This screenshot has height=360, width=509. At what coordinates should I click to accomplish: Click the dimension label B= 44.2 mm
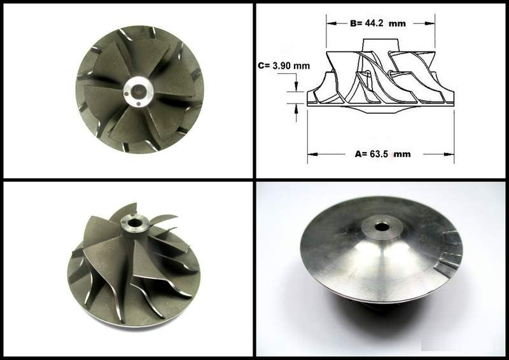(378, 24)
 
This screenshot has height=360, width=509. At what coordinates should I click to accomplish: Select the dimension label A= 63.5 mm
(382, 154)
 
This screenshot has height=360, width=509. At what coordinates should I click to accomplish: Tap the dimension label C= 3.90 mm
(284, 66)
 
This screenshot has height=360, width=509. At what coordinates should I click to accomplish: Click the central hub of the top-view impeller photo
(139, 92)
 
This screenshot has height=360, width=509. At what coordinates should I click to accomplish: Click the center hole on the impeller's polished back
(381, 227)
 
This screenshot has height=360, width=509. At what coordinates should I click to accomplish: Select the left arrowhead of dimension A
(312, 154)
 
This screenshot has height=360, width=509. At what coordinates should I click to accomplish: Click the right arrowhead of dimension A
(449, 154)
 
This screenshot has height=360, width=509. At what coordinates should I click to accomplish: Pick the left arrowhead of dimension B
(331, 24)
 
